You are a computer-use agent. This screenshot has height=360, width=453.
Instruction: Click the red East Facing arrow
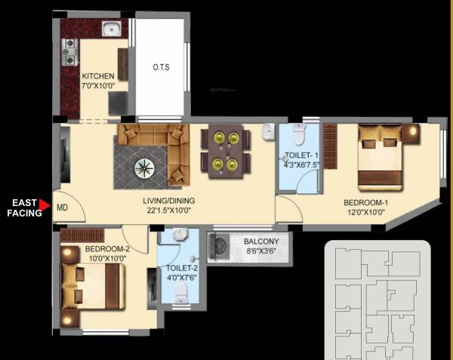46,205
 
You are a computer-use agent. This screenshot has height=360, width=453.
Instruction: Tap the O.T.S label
161,68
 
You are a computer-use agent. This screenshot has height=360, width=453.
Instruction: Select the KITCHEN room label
98,76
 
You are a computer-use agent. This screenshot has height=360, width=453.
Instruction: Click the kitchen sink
112,31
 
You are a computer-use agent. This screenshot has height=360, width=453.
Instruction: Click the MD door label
63,207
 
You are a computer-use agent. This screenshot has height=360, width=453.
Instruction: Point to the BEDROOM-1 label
365,202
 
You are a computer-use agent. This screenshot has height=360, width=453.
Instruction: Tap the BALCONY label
263,242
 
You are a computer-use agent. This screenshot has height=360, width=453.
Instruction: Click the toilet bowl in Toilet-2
180,298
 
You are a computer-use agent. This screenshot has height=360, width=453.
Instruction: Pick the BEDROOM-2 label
107,250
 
